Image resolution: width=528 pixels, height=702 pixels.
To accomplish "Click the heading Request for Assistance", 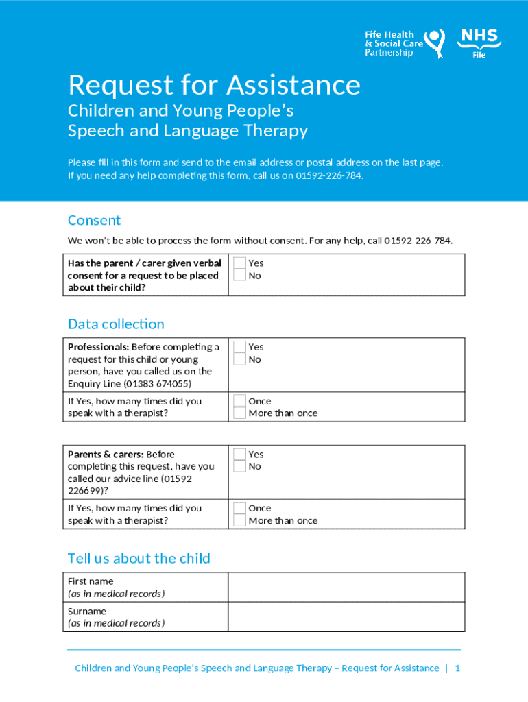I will (214, 85).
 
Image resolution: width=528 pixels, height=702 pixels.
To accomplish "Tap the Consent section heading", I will (94, 220).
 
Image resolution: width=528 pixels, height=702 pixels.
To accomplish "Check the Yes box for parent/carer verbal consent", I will (239, 263).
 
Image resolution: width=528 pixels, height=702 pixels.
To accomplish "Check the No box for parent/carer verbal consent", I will (239, 276).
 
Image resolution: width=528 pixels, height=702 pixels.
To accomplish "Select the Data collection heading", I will (116, 324).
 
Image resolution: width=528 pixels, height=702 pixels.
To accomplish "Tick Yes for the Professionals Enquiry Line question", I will (239, 347).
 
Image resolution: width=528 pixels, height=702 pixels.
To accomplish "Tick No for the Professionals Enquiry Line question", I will (239, 359).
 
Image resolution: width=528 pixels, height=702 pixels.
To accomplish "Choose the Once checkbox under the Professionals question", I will (239, 401).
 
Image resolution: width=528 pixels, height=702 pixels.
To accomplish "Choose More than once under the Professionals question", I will (239, 413).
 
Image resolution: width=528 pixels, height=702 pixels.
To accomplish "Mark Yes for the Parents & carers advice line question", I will (239, 455).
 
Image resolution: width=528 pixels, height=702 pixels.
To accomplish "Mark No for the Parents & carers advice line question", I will (239, 467).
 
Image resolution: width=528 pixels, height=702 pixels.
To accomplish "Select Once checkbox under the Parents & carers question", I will (239, 508).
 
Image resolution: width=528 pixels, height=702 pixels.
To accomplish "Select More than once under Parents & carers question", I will (239, 520).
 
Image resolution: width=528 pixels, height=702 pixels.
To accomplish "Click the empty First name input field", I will (346, 587).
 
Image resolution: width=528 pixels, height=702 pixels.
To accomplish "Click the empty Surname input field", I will (346, 617).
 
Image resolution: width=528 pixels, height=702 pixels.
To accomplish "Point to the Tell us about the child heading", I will (139, 558).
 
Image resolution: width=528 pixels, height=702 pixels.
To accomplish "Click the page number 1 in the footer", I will (457, 668).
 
